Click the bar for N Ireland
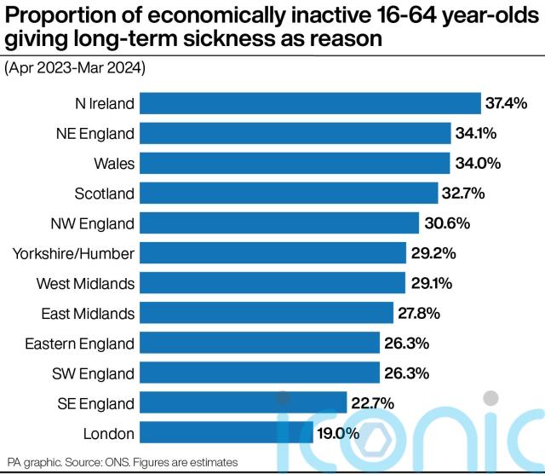[x=310, y=103]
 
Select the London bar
[x=227, y=432]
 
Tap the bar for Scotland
[x=289, y=194]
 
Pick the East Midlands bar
[x=267, y=313]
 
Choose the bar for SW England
[x=260, y=373]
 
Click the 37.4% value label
[x=506, y=103]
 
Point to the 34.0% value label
[x=478, y=163]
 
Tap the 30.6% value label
[x=447, y=223]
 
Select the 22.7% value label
[x=373, y=403]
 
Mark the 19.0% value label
[x=338, y=433]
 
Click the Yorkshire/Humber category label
[x=73, y=254]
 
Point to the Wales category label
[x=114, y=164]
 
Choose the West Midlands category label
[x=85, y=284]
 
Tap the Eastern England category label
[x=79, y=344]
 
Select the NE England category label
[x=95, y=134]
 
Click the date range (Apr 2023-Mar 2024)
[x=75, y=68]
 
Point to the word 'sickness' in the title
[x=229, y=38]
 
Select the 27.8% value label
[x=419, y=313]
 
